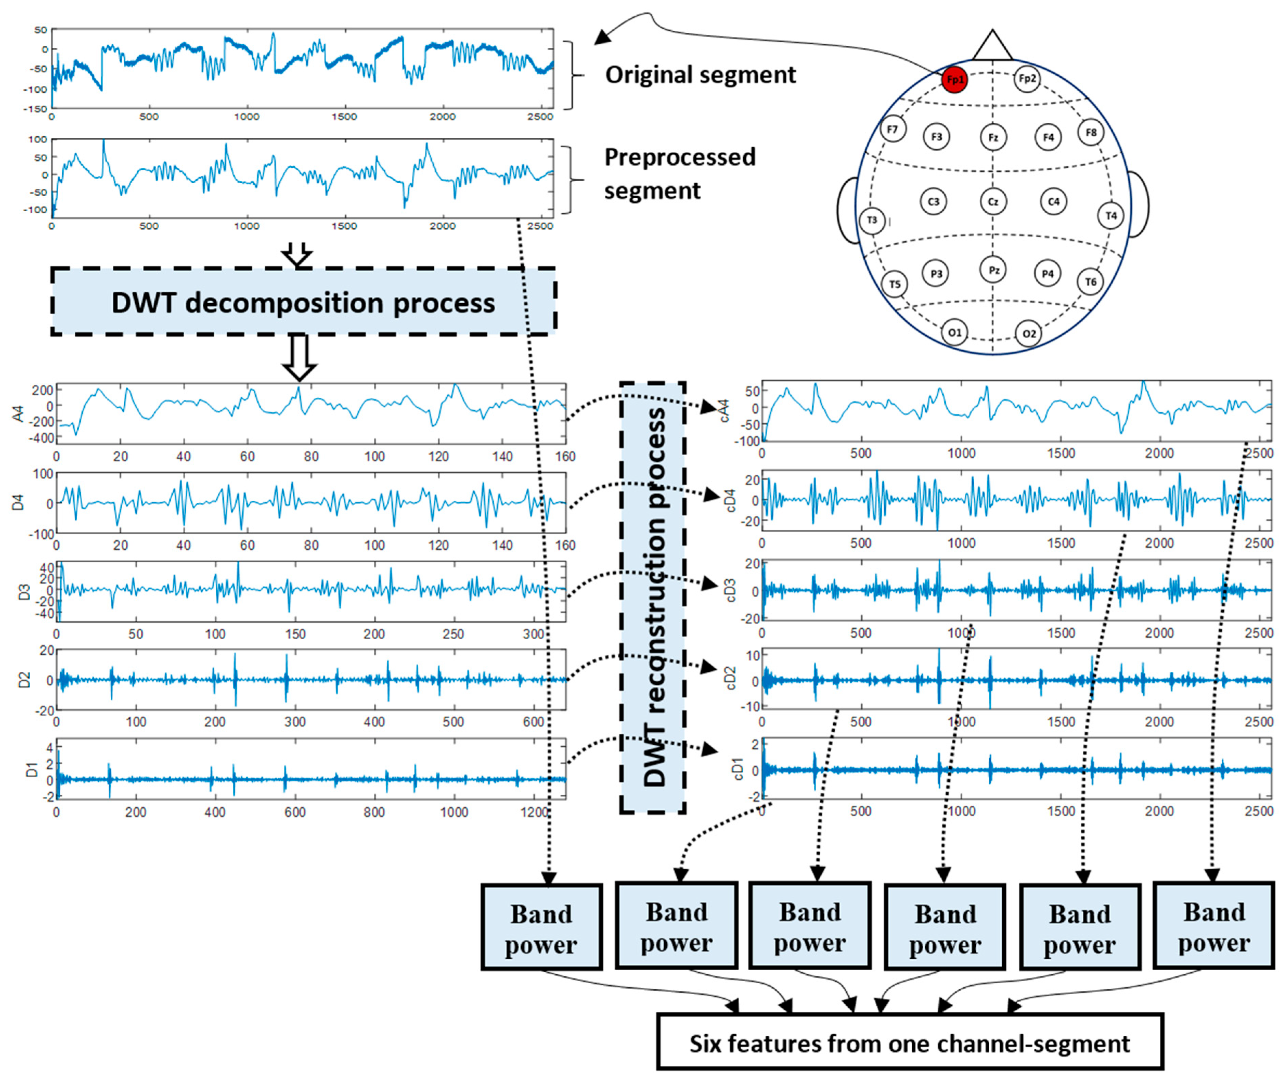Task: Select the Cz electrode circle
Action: (993, 202)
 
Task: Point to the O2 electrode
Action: (1029, 333)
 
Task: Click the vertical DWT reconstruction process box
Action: (653, 597)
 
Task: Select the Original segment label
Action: (700, 75)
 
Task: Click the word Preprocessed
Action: (680, 157)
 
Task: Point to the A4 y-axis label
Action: (18, 414)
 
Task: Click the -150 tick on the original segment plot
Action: (38, 108)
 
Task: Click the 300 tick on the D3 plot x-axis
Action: (533, 634)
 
